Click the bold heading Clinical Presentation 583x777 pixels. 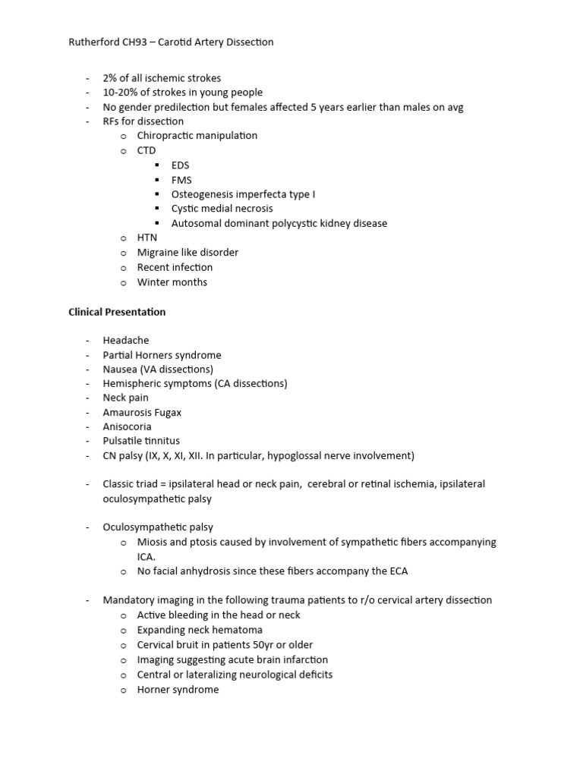117,312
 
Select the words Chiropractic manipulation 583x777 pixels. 197,136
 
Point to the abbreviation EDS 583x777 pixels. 181,165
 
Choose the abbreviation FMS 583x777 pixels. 181,180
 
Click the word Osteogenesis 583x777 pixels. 203,194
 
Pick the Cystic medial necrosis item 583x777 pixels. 222,209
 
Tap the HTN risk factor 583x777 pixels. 147,238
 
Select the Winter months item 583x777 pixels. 172,282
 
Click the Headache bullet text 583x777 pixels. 126,341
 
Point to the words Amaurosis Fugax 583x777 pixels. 142,413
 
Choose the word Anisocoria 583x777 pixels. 127,427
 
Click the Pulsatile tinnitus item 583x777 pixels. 141,441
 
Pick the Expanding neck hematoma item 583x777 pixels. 199,630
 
